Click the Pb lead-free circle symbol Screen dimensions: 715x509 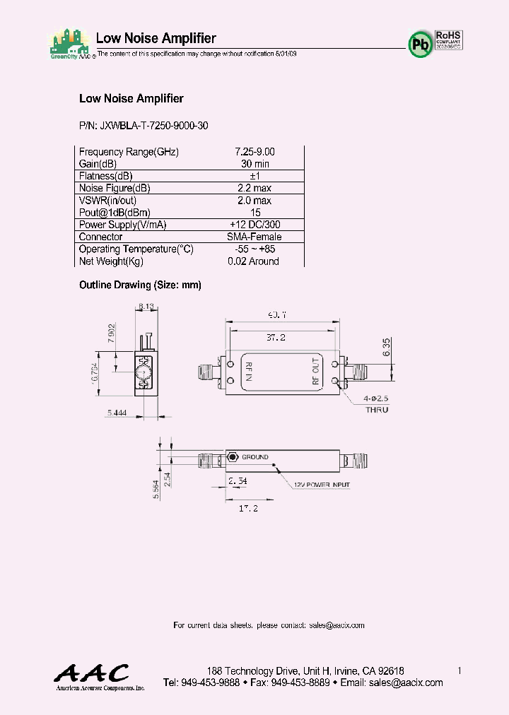tap(421, 43)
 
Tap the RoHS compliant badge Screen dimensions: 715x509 tap(448, 38)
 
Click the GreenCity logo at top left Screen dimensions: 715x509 tap(69, 44)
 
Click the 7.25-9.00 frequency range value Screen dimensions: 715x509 tap(255, 152)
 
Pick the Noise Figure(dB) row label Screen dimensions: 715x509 tap(115, 188)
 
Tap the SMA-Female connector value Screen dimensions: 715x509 tap(255, 237)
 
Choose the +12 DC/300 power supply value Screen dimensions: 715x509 tap(255, 225)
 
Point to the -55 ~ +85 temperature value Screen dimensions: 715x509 tap(255, 249)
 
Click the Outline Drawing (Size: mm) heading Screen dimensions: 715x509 tap(140, 285)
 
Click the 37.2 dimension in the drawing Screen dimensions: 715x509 tap(281, 338)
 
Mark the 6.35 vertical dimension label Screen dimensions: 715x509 tap(386, 347)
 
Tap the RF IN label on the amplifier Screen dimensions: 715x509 tap(248, 372)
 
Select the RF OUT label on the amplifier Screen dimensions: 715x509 tap(316, 372)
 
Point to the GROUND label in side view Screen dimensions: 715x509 tap(255, 457)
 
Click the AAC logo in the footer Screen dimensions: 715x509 tap(93, 675)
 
